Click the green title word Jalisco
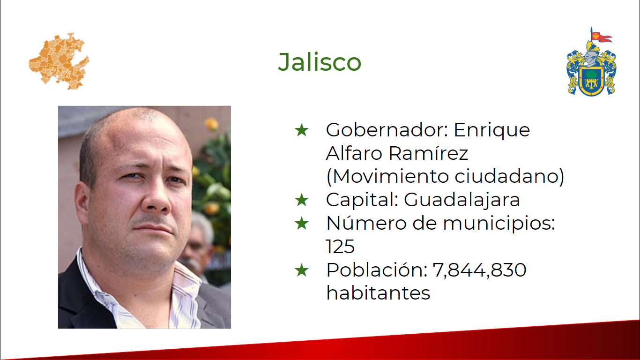[x=320, y=62]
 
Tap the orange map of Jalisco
[x=59, y=61]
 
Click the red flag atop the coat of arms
[x=601, y=37]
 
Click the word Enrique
[x=492, y=131]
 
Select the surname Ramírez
[x=429, y=152]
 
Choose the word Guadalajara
[x=461, y=200]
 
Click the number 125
[x=340, y=247]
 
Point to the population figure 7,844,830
[x=479, y=270]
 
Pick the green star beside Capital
[x=302, y=200]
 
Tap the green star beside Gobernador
[x=302, y=130]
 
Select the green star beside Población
[x=302, y=270]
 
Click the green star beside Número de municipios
[x=302, y=223]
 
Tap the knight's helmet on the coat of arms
[x=591, y=59]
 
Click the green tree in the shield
[x=591, y=75]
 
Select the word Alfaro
[x=354, y=153]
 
